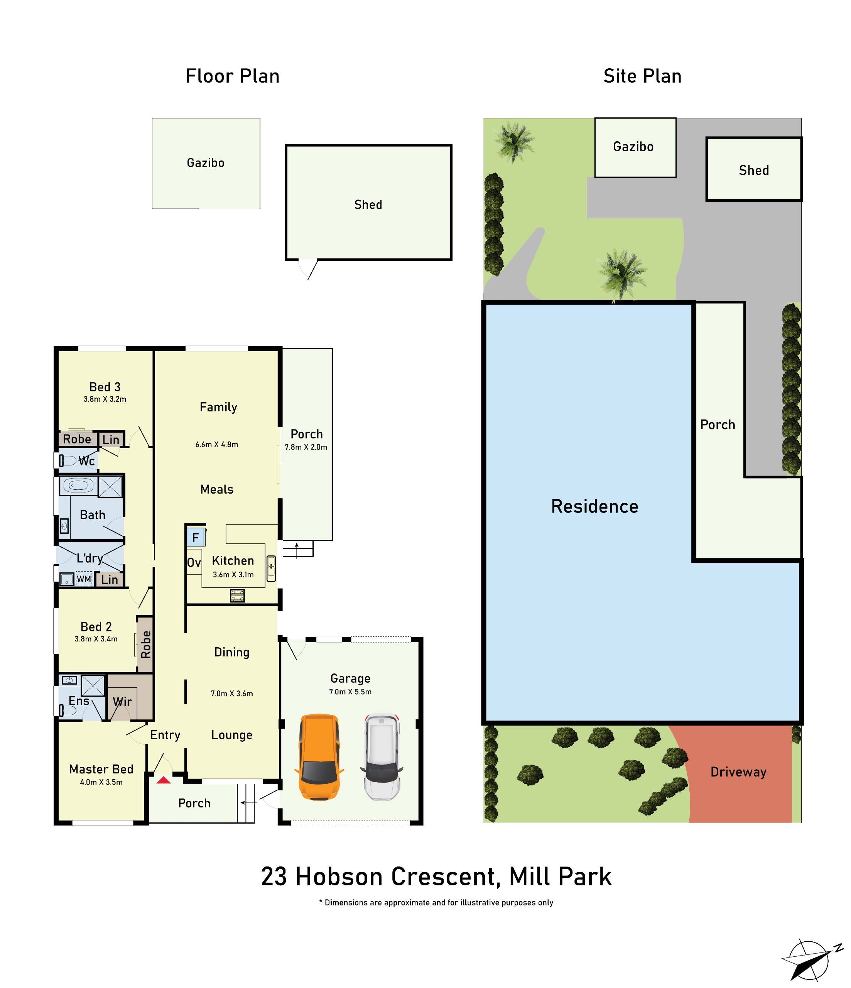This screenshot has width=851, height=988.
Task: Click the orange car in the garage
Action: [x=319, y=757]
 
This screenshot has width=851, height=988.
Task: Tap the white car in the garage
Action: [x=382, y=757]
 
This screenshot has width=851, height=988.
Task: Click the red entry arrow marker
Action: [x=164, y=780]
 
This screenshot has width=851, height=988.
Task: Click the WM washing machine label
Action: [x=84, y=579]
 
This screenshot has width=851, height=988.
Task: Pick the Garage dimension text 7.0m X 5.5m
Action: [x=350, y=692]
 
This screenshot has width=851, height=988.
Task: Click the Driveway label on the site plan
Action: [x=738, y=772]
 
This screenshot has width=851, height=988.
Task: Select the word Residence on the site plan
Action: [x=594, y=506]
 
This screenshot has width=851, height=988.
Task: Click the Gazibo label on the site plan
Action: [x=633, y=147]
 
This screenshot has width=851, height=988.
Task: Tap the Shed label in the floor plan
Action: [x=368, y=205]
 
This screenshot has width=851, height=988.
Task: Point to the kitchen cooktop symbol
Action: [x=237, y=596]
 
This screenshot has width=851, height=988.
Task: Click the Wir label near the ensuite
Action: [x=122, y=701]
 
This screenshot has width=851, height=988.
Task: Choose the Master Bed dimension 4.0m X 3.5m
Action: [x=101, y=782]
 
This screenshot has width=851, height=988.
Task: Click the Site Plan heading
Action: [x=642, y=76]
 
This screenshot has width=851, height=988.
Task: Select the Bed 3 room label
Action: [x=105, y=387]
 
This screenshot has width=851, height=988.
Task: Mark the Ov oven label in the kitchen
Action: [x=194, y=563]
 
